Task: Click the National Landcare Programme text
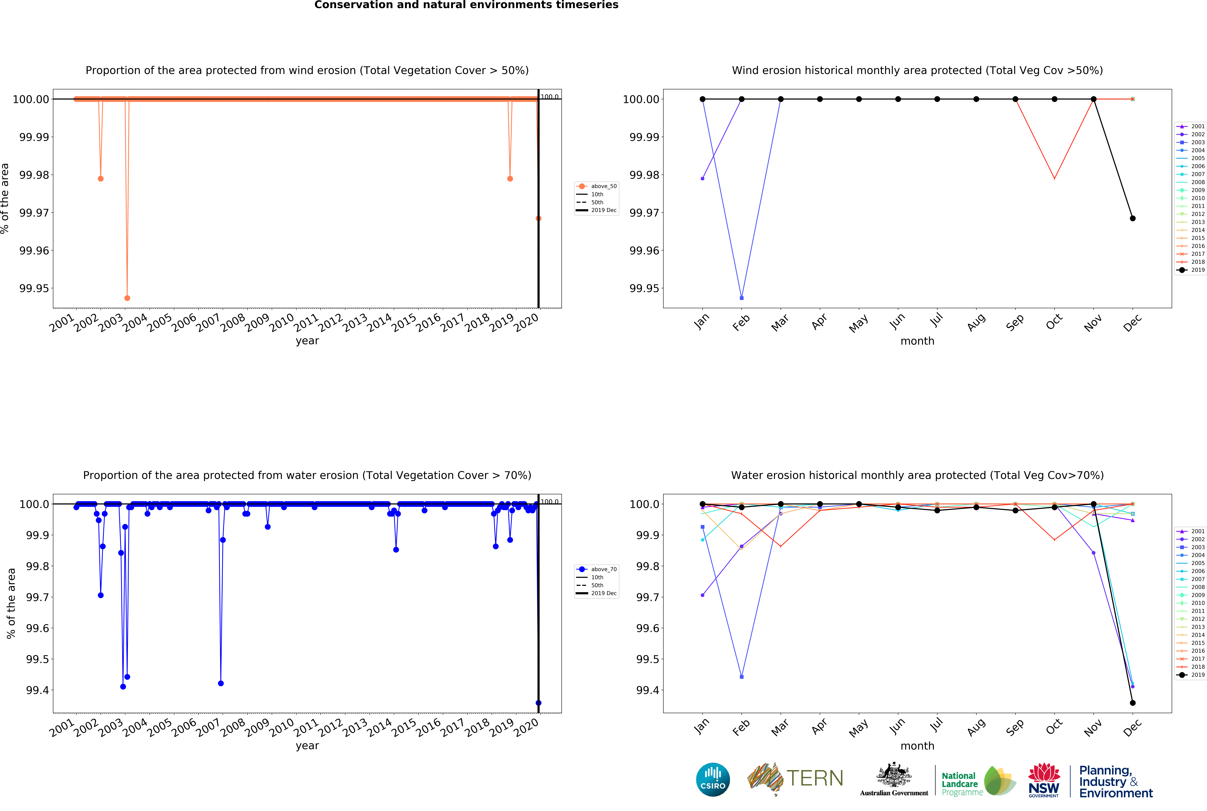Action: (961, 784)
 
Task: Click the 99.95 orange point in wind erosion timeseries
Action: (127, 298)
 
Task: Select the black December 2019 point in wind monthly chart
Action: (1132, 218)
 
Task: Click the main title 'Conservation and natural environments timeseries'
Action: (466, 5)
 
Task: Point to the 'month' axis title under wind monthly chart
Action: (917, 341)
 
